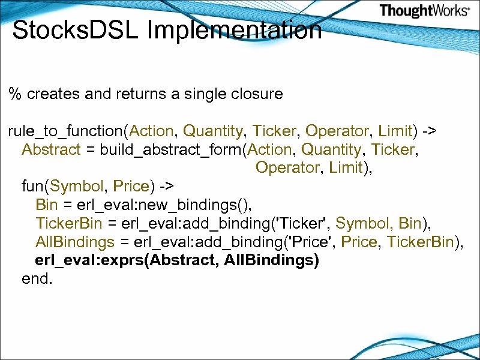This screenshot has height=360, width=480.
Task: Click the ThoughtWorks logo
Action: coord(424,11)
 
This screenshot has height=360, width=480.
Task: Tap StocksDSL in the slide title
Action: coord(77,30)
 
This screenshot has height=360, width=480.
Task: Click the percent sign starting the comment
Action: coord(14,94)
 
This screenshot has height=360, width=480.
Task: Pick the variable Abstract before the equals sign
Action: coord(50,149)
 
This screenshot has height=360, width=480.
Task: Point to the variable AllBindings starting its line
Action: coord(75,242)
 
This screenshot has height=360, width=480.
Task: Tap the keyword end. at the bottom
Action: coord(37,279)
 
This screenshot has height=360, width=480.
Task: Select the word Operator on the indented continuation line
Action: coord(287,168)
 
